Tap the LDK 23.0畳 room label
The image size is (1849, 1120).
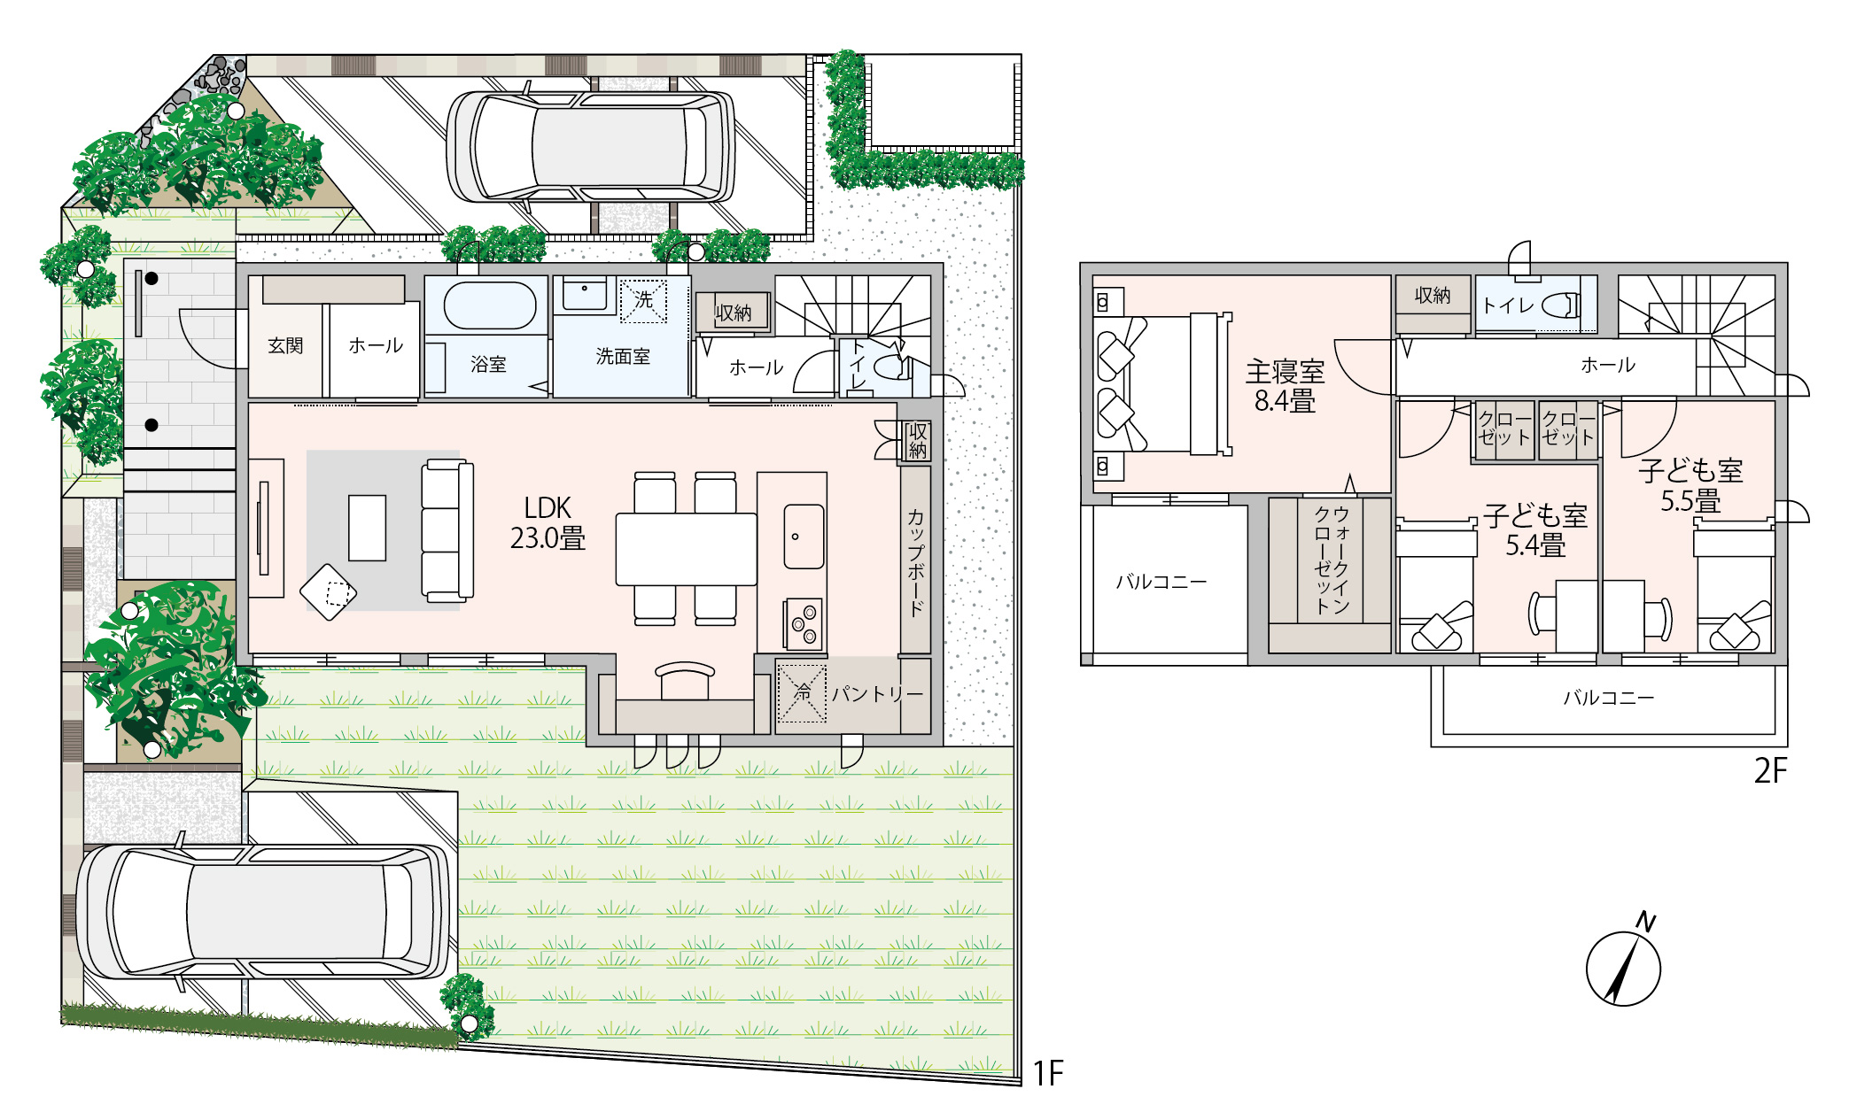click(x=548, y=523)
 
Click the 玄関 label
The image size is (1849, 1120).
click(x=285, y=345)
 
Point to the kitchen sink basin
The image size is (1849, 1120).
click(x=804, y=537)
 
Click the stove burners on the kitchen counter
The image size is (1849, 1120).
click(x=804, y=625)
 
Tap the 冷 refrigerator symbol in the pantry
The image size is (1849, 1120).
click(x=802, y=692)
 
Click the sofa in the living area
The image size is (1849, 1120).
click(x=447, y=530)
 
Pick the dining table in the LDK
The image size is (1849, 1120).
click(x=687, y=549)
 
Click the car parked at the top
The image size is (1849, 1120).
click(x=590, y=146)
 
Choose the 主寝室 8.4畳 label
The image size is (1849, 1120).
click(x=1285, y=386)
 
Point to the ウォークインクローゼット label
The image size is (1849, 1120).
click(x=1331, y=560)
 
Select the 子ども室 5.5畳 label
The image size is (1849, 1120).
click(x=1690, y=485)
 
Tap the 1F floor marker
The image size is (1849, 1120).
click(x=1048, y=1073)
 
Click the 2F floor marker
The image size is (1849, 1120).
click(x=1771, y=771)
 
